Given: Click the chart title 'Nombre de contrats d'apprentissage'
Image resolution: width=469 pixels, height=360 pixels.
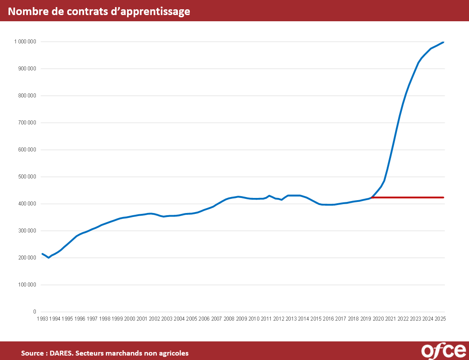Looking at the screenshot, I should (99, 12).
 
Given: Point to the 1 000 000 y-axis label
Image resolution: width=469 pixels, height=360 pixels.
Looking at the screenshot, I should (25, 42).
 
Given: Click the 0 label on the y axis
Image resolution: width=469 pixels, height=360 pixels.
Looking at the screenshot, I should (35, 312).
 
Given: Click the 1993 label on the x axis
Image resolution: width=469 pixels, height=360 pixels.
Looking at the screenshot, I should (42, 319).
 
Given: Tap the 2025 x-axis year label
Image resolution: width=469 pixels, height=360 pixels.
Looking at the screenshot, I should (440, 319).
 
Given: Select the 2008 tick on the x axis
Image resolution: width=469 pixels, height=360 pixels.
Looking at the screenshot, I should (229, 319).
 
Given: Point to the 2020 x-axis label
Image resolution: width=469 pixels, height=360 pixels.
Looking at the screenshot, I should (378, 319).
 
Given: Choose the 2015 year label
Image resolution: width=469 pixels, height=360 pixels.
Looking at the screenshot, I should (316, 319).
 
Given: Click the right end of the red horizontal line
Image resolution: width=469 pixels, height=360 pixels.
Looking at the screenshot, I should (443, 197).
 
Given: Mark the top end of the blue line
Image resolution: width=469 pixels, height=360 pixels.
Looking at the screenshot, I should (443, 43).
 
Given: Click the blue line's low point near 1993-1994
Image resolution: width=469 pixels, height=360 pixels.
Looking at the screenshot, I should (49, 257).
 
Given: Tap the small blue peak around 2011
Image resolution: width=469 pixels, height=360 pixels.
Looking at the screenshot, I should (269, 195).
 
